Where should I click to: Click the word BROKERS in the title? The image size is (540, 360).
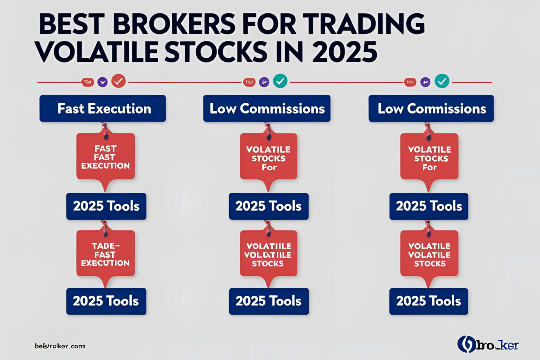click(x=174, y=25)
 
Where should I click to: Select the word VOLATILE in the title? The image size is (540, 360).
click(x=97, y=52)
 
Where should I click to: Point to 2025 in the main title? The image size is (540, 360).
click(x=345, y=52)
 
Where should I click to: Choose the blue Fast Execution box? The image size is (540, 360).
click(x=103, y=109)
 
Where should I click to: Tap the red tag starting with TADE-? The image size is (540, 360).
click(x=105, y=254)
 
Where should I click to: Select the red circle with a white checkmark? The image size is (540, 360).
click(x=118, y=82)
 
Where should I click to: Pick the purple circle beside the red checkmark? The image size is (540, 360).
click(x=102, y=82)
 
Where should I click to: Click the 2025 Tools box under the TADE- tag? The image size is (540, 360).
click(x=106, y=301)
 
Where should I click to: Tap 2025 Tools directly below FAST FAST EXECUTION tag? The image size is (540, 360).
click(x=106, y=206)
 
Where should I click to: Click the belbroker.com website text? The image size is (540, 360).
click(x=60, y=346)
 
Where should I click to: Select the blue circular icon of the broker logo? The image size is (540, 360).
click(x=467, y=344)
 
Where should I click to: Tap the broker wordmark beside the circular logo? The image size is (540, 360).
click(x=497, y=345)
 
